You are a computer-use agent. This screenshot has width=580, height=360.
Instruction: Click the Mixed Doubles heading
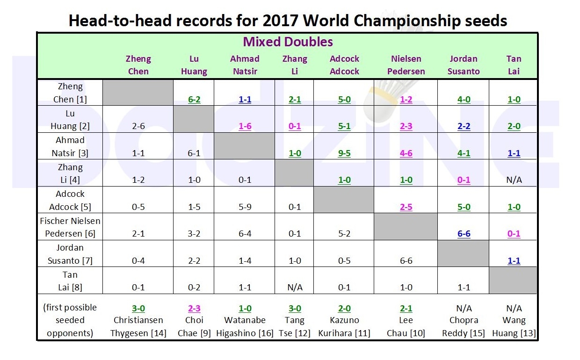pyautogui.click(x=288, y=42)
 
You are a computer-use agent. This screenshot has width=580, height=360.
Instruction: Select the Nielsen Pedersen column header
pyautogui.click(x=406, y=65)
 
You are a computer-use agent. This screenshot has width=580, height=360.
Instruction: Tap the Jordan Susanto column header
pyautogui.click(x=463, y=65)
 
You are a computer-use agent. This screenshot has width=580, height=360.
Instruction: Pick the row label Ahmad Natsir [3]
pyautogui.click(x=70, y=146)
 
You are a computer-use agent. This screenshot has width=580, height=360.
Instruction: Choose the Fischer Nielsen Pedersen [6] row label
pyautogui.click(x=70, y=227)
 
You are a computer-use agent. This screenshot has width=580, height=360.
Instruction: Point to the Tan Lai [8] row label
pyautogui.click(x=70, y=281)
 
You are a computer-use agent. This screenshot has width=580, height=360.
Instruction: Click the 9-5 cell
pyautogui.click(x=344, y=153)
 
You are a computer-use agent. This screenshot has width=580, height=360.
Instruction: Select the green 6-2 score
pyautogui.click(x=194, y=100)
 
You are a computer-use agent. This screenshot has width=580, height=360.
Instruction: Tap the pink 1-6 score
pyautogui.click(x=245, y=126)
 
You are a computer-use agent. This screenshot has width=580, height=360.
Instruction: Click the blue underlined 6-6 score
pyautogui.click(x=464, y=234)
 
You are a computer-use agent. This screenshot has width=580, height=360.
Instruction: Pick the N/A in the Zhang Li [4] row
pyautogui.click(x=514, y=180)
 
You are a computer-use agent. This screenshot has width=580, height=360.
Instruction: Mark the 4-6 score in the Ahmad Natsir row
pyautogui.click(x=406, y=153)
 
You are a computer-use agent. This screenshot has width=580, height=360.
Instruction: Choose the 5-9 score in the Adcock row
pyautogui.click(x=245, y=207)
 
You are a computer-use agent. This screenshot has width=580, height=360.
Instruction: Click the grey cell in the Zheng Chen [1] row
pyautogui.click(x=138, y=92)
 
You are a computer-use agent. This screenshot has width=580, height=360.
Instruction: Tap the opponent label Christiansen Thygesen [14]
pyautogui.click(x=138, y=327)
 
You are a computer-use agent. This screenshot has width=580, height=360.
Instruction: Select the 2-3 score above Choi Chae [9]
pyautogui.click(x=194, y=309)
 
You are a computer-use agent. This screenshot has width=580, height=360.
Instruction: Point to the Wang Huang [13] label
pyautogui.click(x=514, y=327)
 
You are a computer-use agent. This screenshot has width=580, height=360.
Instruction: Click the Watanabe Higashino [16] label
pyautogui.click(x=245, y=327)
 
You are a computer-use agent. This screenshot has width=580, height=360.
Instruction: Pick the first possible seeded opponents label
pyautogui.click(x=70, y=320)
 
